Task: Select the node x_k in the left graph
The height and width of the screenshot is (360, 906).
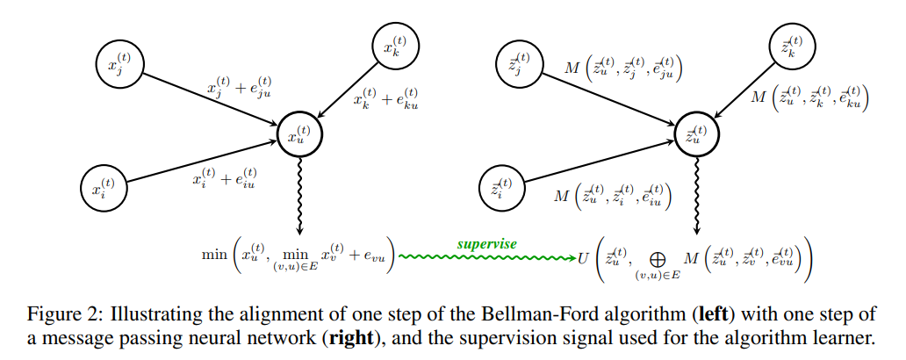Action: coord(395,45)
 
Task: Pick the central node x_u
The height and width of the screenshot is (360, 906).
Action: coord(299,133)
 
